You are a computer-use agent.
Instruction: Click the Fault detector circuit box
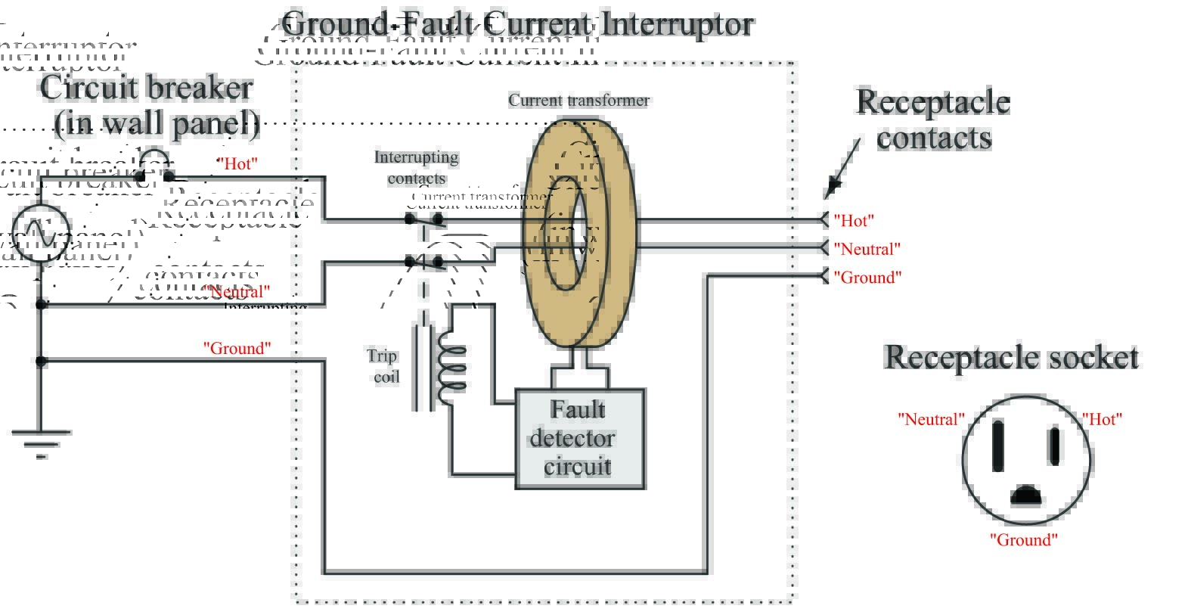pyautogui.click(x=579, y=439)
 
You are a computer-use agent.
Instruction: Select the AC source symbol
pyautogui.click(x=41, y=231)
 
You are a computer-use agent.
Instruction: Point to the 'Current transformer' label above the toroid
pyautogui.click(x=578, y=100)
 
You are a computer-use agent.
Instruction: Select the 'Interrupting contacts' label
pyautogui.click(x=416, y=167)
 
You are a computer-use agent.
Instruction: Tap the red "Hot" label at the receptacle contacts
pyautogui.click(x=854, y=220)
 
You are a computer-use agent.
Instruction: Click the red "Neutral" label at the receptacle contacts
pyautogui.click(x=867, y=249)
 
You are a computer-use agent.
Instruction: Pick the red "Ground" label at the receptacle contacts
pyautogui.click(x=867, y=278)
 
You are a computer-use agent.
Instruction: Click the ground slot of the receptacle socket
pyautogui.click(x=1025, y=495)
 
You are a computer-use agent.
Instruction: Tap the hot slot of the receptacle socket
pyautogui.click(x=1054, y=446)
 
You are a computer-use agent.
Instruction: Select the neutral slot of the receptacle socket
pyautogui.click(x=997, y=446)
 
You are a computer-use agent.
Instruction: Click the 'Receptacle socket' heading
pyautogui.click(x=1011, y=357)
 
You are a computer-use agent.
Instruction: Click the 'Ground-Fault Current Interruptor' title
pyautogui.click(x=519, y=24)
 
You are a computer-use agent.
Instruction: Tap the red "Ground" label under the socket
pyautogui.click(x=1023, y=540)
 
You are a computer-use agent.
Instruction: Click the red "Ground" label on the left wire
pyautogui.click(x=237, y=348)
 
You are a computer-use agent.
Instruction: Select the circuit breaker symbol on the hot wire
pyautogui.click(x=154, y=167)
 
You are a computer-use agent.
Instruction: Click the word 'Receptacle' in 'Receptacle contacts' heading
pyautogui.click(x=932, y=101)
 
